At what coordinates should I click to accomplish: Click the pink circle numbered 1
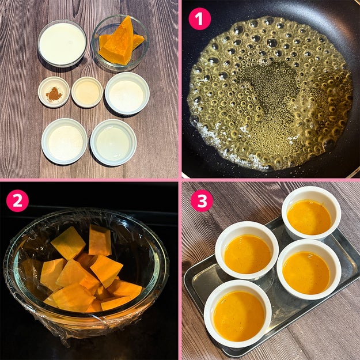199,18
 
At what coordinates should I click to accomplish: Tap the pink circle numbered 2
17,200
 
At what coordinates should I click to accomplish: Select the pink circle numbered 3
202,200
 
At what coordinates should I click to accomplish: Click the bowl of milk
62,43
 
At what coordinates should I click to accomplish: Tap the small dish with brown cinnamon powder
54,92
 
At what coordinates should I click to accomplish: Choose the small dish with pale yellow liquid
87,92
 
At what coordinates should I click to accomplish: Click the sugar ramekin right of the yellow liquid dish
127,93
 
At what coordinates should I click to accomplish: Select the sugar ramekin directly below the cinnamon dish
65,141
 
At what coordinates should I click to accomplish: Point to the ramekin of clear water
113,142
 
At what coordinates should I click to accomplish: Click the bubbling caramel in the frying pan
270,92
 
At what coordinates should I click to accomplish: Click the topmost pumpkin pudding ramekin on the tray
311,213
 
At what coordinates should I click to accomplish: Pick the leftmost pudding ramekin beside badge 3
247,251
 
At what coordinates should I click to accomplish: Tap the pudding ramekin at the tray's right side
309,270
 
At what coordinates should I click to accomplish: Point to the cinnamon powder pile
54,94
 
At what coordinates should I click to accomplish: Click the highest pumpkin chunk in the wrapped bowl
100,240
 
